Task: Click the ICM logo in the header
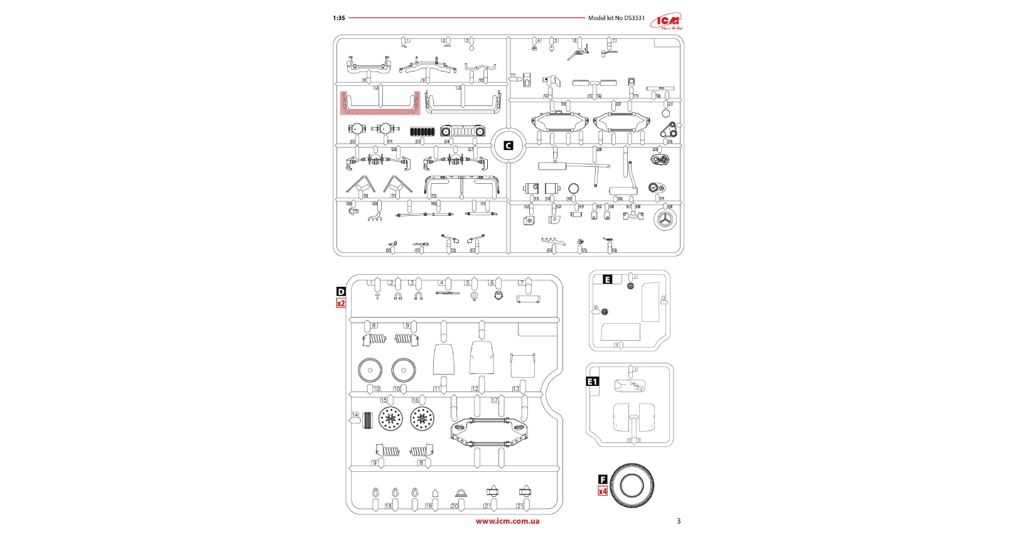(667, 21)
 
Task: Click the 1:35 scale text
(339, 18)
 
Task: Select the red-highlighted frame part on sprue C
(380, 104)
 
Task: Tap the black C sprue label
(508, 146)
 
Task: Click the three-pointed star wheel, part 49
(665, 220)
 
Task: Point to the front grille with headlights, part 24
(463, 131)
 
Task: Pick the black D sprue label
(341, 292)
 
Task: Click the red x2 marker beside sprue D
(341, 303)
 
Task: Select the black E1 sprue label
(593, 382)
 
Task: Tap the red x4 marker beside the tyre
(603, 491)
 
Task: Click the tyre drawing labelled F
(632, 485)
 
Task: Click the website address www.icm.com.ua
(507, 521)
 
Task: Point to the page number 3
(679, 521)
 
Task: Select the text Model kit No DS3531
(616, 18)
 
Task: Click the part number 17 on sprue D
(494, 400)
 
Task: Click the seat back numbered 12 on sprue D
(482, 358)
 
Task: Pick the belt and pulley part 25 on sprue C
(670, 130)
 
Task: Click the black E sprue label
(607, 280)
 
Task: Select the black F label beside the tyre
(603, 480)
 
